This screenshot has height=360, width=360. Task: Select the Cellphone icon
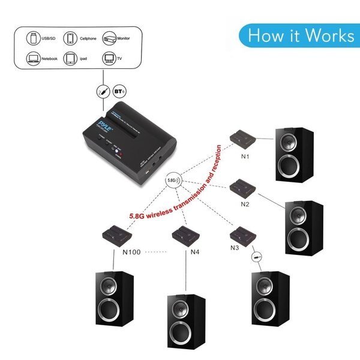point(71,38)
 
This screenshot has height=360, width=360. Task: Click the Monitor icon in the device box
point(109,38)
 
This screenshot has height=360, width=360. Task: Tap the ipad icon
point(71,59)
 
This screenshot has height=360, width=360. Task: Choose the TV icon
point(109,59)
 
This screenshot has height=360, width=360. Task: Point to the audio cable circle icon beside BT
point(103,92)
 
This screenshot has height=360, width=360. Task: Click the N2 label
point(245,203)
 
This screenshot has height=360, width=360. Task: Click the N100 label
point(131,253)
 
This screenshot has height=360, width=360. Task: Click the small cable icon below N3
point(256,257)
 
